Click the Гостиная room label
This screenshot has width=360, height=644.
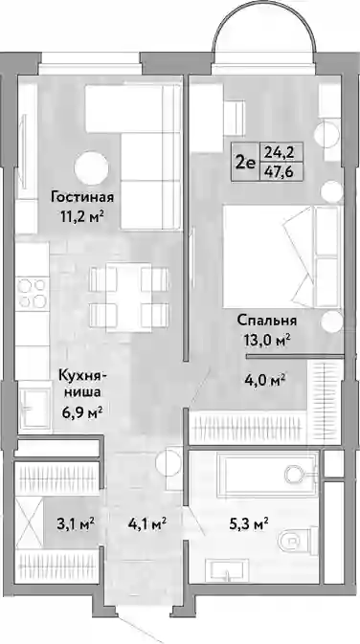tap(82, 197)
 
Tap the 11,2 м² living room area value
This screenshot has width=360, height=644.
tap(81, 216)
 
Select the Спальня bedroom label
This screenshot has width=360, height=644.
tap(267, 321)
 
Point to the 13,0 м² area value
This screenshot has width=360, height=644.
tap(267, 340)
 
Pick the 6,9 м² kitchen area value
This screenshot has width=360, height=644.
tap(81, 411)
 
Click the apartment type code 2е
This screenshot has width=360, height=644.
tap(245, 163)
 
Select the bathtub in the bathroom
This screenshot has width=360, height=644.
tap(267, 474)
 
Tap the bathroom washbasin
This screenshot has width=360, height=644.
tap(228, 571)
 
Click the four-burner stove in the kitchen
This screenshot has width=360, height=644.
tap(32, 293)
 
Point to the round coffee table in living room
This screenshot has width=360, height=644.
tap(91, 168)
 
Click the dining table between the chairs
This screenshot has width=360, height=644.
tap(128, 298)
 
